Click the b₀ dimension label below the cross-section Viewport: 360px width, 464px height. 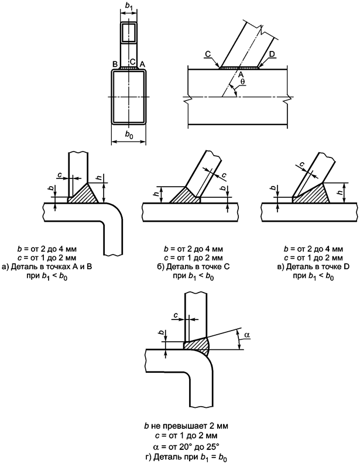(x=128, y=135)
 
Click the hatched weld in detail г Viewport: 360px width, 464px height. (x=198, y=345)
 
